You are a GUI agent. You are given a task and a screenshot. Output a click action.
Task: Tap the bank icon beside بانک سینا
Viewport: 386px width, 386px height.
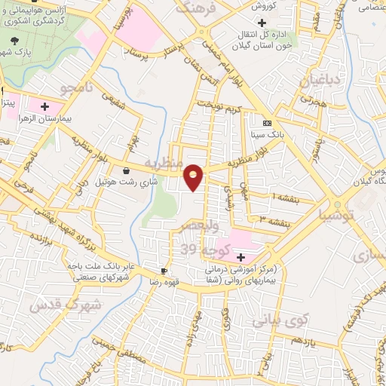pyautogui.click(x=266, y=123)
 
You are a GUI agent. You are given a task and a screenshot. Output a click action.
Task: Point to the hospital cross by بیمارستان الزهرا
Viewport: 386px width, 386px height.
pyautogui.click(x=44, y=107)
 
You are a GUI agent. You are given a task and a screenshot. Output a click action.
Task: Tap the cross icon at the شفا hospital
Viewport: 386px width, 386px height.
pyautogui.click(x=240, y=258)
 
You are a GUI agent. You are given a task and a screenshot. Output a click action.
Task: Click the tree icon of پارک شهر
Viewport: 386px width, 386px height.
pyautogui.click(x=15, y=41)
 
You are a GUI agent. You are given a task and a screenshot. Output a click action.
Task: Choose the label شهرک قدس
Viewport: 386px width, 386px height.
pyautogui.click(x=63, y=305)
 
